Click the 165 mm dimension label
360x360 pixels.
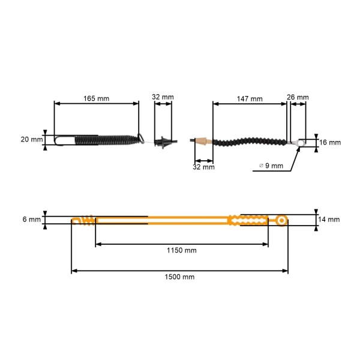96,97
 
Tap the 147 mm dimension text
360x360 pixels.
250,98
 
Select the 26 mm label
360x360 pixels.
298,97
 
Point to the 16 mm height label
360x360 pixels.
329,143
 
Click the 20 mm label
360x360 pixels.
32,139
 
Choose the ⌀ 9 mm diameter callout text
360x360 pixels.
271,166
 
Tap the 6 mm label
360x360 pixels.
32,220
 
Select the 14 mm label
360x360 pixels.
329,220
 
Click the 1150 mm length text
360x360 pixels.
181,250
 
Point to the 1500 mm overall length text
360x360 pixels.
179,277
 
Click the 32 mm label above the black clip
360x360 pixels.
163,97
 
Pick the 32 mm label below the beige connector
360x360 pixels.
204,167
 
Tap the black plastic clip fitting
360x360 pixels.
163,143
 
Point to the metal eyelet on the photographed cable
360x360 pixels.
298,143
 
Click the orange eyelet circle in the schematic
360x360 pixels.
281,221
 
